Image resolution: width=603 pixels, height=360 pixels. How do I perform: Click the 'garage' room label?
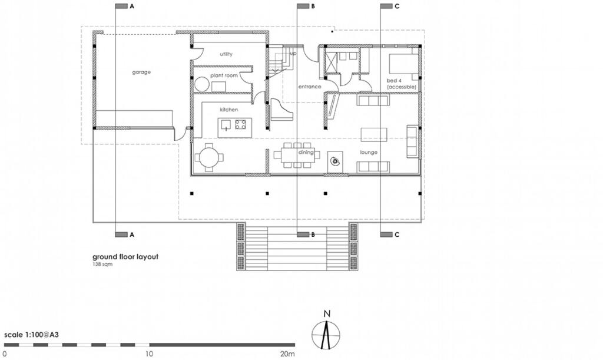[x=141, y=72]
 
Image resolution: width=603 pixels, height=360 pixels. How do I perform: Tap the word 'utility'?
[x=226, y=54]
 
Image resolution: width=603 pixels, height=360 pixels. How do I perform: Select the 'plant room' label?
[x=224, y=75]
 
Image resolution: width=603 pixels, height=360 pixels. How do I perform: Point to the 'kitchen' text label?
[x=229, y=110]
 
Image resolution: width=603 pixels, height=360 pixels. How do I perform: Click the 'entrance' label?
[x=309, y=87]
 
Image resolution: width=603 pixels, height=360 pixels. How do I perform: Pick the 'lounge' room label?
[x=369, y=152]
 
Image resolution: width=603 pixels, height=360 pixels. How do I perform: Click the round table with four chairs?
[x=210, y=157]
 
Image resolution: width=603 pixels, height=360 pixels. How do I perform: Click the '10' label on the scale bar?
[x=149, y=354]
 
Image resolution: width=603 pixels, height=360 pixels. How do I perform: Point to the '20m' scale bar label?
[x=287, y=354]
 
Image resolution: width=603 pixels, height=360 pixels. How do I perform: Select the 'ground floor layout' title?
[x=125, y=257]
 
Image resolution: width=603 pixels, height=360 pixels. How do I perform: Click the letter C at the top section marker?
[x=397, y=6]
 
